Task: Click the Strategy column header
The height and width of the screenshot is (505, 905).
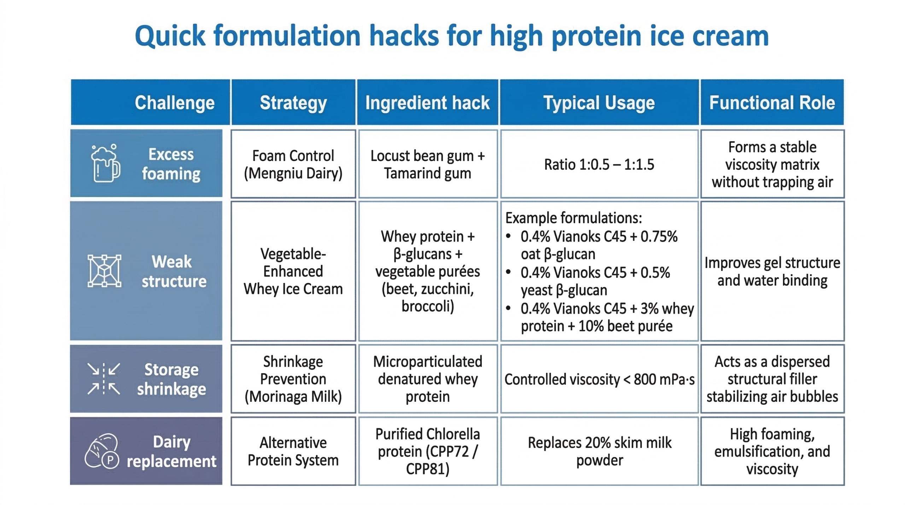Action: pyautogui.click(x=293, y=103)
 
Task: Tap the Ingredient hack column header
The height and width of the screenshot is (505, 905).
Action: pyautogui.click(x=427, y=103)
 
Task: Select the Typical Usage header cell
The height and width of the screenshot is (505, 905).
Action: pyautogui.click(x=599, y=103)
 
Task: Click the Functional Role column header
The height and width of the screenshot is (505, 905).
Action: pyautogui.click(x=772, y=103)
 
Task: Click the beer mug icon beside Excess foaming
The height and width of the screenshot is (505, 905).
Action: pyautogui.click(x=105, y=163)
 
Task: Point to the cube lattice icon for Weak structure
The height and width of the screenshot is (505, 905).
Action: pyautogui.click(x=104, y=271)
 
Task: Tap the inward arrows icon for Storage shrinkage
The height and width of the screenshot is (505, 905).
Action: pyautogui.click(x=104, y=378)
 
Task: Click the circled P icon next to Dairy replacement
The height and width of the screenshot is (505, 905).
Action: pyautogui.click(x=110, y=460)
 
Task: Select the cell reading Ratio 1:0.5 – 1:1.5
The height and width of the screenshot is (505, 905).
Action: pyautogui.click(x=599, y=164)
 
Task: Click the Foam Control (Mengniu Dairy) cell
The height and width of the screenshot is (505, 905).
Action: pyautogui.click(x=293, y=164)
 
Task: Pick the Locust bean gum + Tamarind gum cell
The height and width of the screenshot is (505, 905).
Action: pyautogui.click(x=427, y=164)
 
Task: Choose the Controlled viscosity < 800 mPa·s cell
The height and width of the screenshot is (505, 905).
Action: pyautogui.click(x=599, y=379)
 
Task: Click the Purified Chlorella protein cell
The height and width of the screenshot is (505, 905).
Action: pyautogui.click(x=427, y=451)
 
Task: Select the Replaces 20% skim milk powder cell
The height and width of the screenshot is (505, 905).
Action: pyautogui.click(x=599, y=451)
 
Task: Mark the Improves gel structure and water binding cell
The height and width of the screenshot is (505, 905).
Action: pyautogui.click(x=772, y=271)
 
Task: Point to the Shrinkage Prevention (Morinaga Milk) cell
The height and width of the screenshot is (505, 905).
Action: pyautogui.click(x=293, y=379)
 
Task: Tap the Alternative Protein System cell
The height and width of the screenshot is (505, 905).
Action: pyautogui.click(x=293, y=451)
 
